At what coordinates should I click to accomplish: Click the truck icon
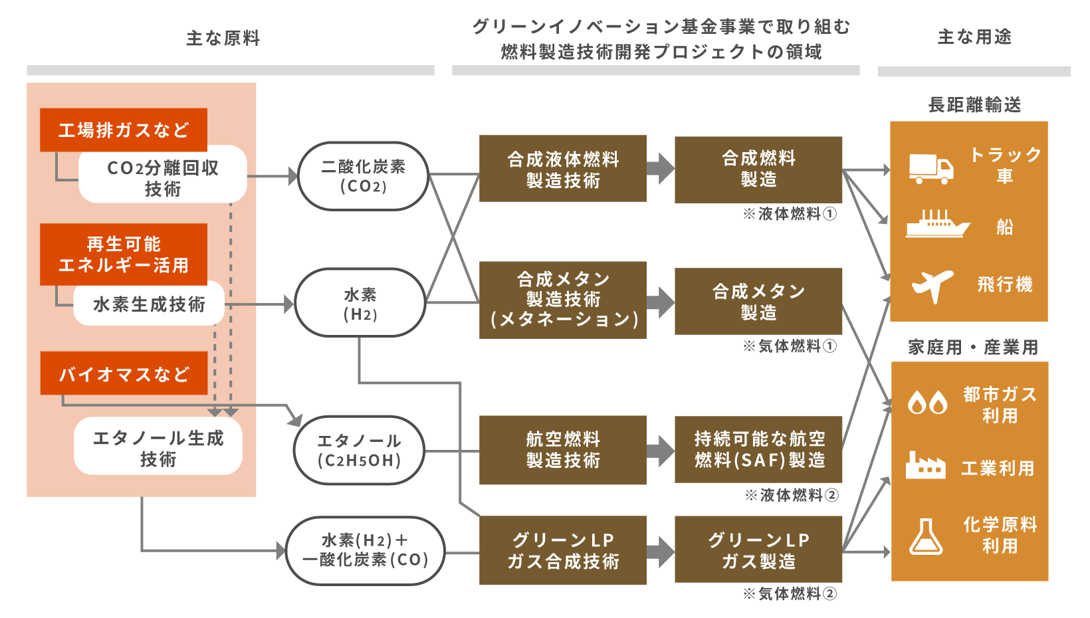click(x=930, y=168)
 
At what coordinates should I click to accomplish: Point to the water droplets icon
click(x=927, y=402)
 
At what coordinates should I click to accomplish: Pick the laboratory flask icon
click(x=926, y=536)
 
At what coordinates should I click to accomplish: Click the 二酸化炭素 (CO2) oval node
click(x=363, y=176)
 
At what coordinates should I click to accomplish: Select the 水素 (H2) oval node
click(x=360, y=303)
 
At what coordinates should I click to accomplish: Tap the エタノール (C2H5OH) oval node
click(x=359, y=450)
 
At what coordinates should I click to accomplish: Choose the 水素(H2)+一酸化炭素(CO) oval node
click(x=365, y=550)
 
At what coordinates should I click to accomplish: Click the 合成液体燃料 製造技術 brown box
click(x=562, y=169)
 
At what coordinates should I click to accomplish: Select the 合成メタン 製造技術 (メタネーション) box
click(x=562, y=300)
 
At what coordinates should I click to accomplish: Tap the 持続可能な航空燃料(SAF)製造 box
click(x=758, y=449)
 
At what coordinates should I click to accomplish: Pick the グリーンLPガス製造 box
click(x=758, y=550)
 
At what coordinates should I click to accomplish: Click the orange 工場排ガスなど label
click(x=124, y=130)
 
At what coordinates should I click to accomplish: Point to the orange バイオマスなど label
click(x=124, y=373)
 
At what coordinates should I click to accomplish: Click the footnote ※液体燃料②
click(x=791, y=495)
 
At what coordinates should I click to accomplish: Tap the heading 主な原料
click(x=223, y=39)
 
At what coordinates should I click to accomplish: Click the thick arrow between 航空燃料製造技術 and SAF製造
click(x=660, y=450)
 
